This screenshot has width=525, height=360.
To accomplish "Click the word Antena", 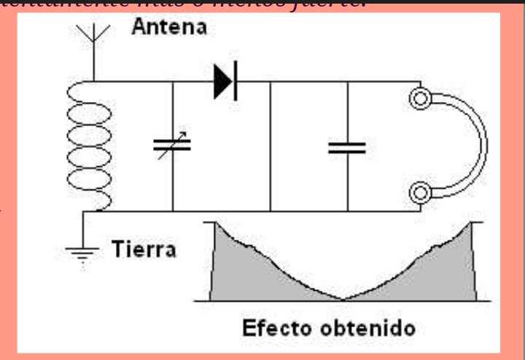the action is point(169,28).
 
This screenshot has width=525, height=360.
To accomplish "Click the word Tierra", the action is point(144,250).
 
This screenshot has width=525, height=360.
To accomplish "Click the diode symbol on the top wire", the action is point(225,82).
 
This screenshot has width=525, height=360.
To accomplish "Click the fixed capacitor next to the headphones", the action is point(346,147).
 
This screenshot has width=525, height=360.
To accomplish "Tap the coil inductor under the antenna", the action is point(90,146).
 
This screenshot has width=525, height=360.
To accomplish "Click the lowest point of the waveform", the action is point(344,299).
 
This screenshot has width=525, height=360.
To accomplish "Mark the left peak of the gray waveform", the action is point(214,224).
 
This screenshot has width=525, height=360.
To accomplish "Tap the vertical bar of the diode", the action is point(235,82).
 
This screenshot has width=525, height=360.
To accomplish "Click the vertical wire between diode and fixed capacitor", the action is point(270,146).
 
